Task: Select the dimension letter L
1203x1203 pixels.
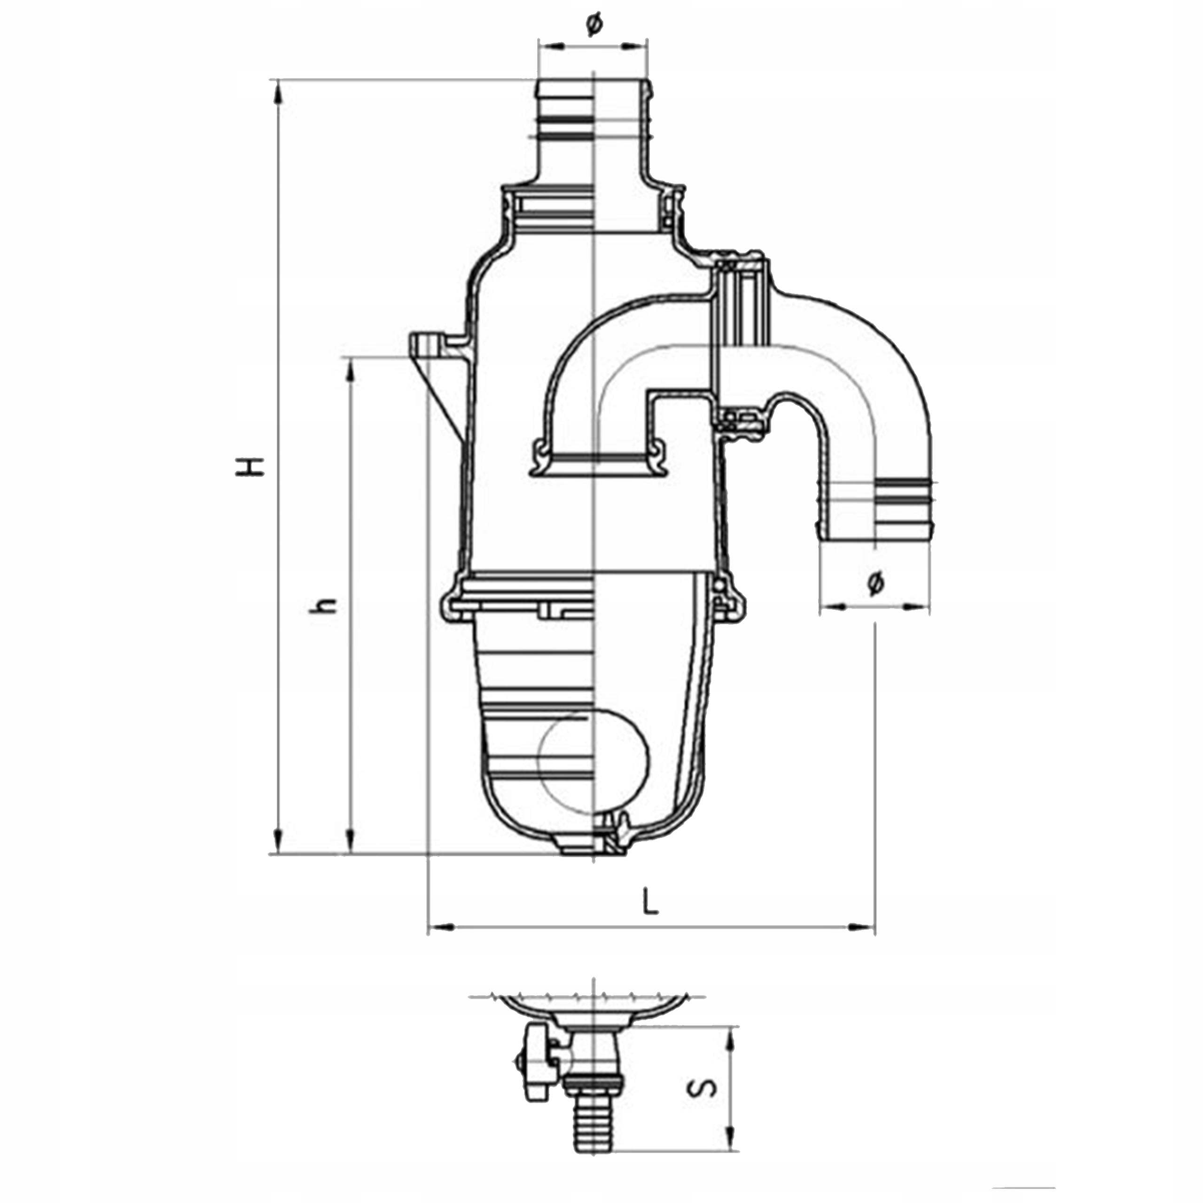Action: (651, 900)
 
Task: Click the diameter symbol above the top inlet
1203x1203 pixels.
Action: (594, 24)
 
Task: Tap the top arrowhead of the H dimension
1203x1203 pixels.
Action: (278, 92)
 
